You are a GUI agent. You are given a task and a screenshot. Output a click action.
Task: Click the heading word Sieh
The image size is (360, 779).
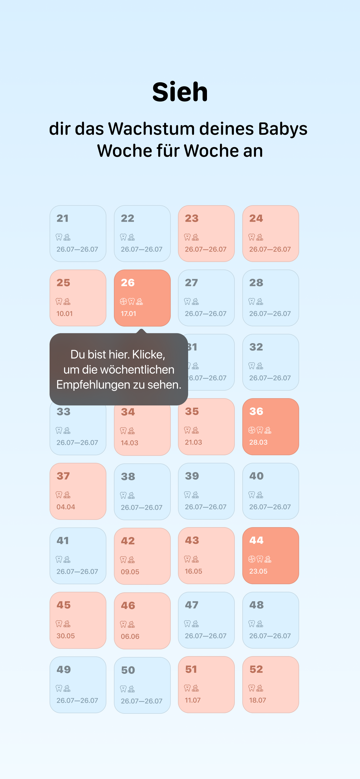pyautogui.click(x=180, y=92)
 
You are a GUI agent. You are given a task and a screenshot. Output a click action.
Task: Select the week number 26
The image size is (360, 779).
pyautogui.click(x=128, y=283)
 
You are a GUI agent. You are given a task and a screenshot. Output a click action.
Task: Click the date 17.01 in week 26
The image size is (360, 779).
pyautogui.click(x=129, y=314)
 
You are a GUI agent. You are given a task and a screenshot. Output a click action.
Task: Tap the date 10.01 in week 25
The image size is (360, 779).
pyautogui.click(x=64, y=314)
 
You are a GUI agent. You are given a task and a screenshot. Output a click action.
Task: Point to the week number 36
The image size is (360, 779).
pyautogui.click(x=256, y=411)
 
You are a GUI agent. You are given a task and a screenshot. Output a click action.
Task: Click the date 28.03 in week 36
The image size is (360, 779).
pyautogui.click(x=258, y=442)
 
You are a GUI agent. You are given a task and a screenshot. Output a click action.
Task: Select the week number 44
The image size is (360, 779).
pyautogui.click(x=256, y=540)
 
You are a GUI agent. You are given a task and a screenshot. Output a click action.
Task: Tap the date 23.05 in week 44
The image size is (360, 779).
pyautogui.click(x=258, y=571)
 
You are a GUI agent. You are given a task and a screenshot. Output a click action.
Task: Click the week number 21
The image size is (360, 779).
pyautogui.click(x=63, y=218)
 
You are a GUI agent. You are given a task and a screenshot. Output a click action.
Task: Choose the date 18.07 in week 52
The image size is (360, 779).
pyautogui.click(x=258, y=700)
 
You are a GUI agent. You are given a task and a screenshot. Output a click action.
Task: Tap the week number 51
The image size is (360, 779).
pyautogui.click(x=191, y=669)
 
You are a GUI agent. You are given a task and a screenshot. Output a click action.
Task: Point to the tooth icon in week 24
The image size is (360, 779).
pyautogui.click(x=252, y=237)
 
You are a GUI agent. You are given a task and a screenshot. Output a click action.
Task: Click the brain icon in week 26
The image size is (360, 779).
pyautogui.click(x=123, y=301)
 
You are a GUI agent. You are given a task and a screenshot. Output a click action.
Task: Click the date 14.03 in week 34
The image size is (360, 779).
pyautogui.click(x=130, y=443)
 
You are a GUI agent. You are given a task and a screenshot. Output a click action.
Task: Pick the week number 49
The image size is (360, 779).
pyautogui.click(x=63, y=669)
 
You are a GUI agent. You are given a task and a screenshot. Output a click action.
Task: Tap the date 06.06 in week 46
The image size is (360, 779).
pyautogui.click(x=130, y=636)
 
